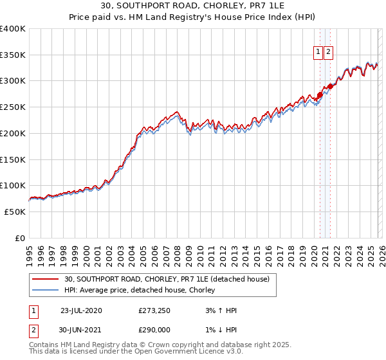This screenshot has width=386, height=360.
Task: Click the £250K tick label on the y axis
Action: point(13,107)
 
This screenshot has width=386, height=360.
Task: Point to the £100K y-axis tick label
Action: point(13,186)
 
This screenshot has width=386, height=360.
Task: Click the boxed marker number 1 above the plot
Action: point(318,53)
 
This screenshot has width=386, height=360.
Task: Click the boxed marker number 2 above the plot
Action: point(328,53)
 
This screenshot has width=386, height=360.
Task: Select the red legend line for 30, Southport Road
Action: point(46,279)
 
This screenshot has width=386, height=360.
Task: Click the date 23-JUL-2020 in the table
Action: point(81,310)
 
